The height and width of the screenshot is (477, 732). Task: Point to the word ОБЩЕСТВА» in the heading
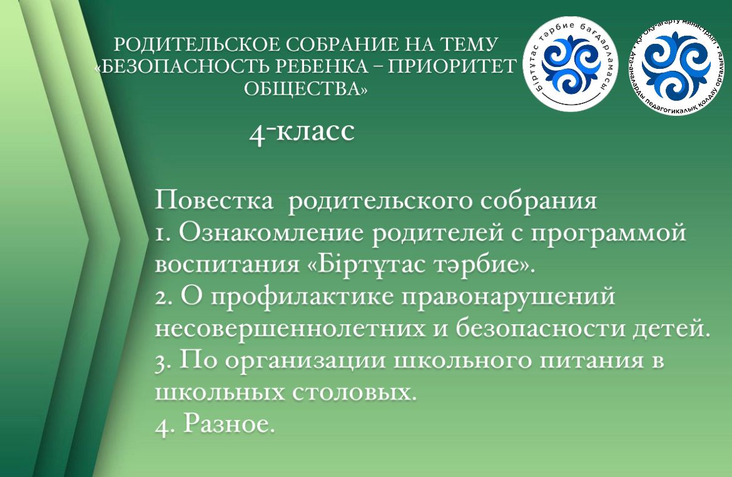[306, 89]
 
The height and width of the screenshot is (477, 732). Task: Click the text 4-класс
[302, 131]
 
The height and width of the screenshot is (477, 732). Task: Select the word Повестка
[214, 200]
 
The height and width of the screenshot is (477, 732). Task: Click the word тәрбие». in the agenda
[484, 265]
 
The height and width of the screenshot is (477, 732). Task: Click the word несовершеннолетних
[290, 328]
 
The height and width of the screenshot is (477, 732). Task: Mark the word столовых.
[354, 392]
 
